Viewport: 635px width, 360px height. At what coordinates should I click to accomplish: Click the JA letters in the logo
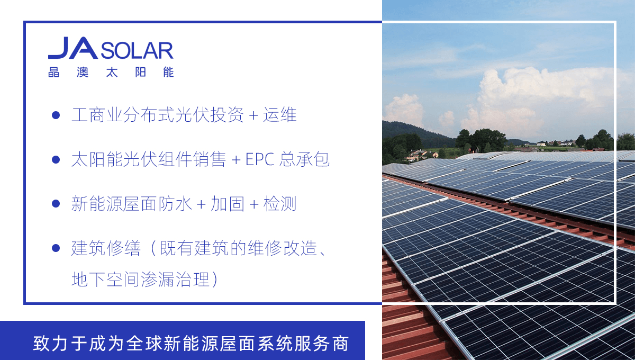click(x=73, y=48)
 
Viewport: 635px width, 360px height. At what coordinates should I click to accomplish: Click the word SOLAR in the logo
click(x=137, y=51)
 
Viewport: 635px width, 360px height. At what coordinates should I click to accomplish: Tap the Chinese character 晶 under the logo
click(x=54, y=72)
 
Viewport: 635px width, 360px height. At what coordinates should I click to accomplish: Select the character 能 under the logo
click(x=168, y=72)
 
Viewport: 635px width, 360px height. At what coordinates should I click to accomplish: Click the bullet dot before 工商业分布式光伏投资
click(x=56, y=115)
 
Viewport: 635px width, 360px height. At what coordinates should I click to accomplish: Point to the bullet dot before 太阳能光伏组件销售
click(x=56, y=159)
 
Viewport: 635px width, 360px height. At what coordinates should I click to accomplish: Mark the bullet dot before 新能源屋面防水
click(x=56, y=204)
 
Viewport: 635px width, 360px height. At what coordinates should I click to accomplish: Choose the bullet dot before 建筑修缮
click(x=56, y=248)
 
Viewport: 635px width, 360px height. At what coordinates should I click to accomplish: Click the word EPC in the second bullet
click(x=260, y=159)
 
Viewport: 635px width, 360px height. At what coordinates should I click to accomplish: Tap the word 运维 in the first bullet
click(x=280, y=115)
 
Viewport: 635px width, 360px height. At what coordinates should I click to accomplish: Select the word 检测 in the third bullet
click(x=280, y=204)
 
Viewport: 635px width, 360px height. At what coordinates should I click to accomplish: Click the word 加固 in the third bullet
click(x=228, y=204)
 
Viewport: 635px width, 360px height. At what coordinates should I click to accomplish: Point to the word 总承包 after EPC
click(x=304, y=159)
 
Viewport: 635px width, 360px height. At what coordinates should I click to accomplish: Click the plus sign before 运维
click(x=253, y=115)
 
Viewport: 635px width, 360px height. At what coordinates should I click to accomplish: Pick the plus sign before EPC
click(x=236, y=160)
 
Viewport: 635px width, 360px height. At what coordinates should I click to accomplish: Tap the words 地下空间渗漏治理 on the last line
click(x=141, y=280)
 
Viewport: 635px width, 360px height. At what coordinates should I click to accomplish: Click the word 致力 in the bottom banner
click(x=50, y=344)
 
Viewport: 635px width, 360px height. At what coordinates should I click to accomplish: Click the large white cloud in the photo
click(x=539, y=96)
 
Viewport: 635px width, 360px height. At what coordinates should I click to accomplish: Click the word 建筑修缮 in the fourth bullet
click(x=106, y=248)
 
